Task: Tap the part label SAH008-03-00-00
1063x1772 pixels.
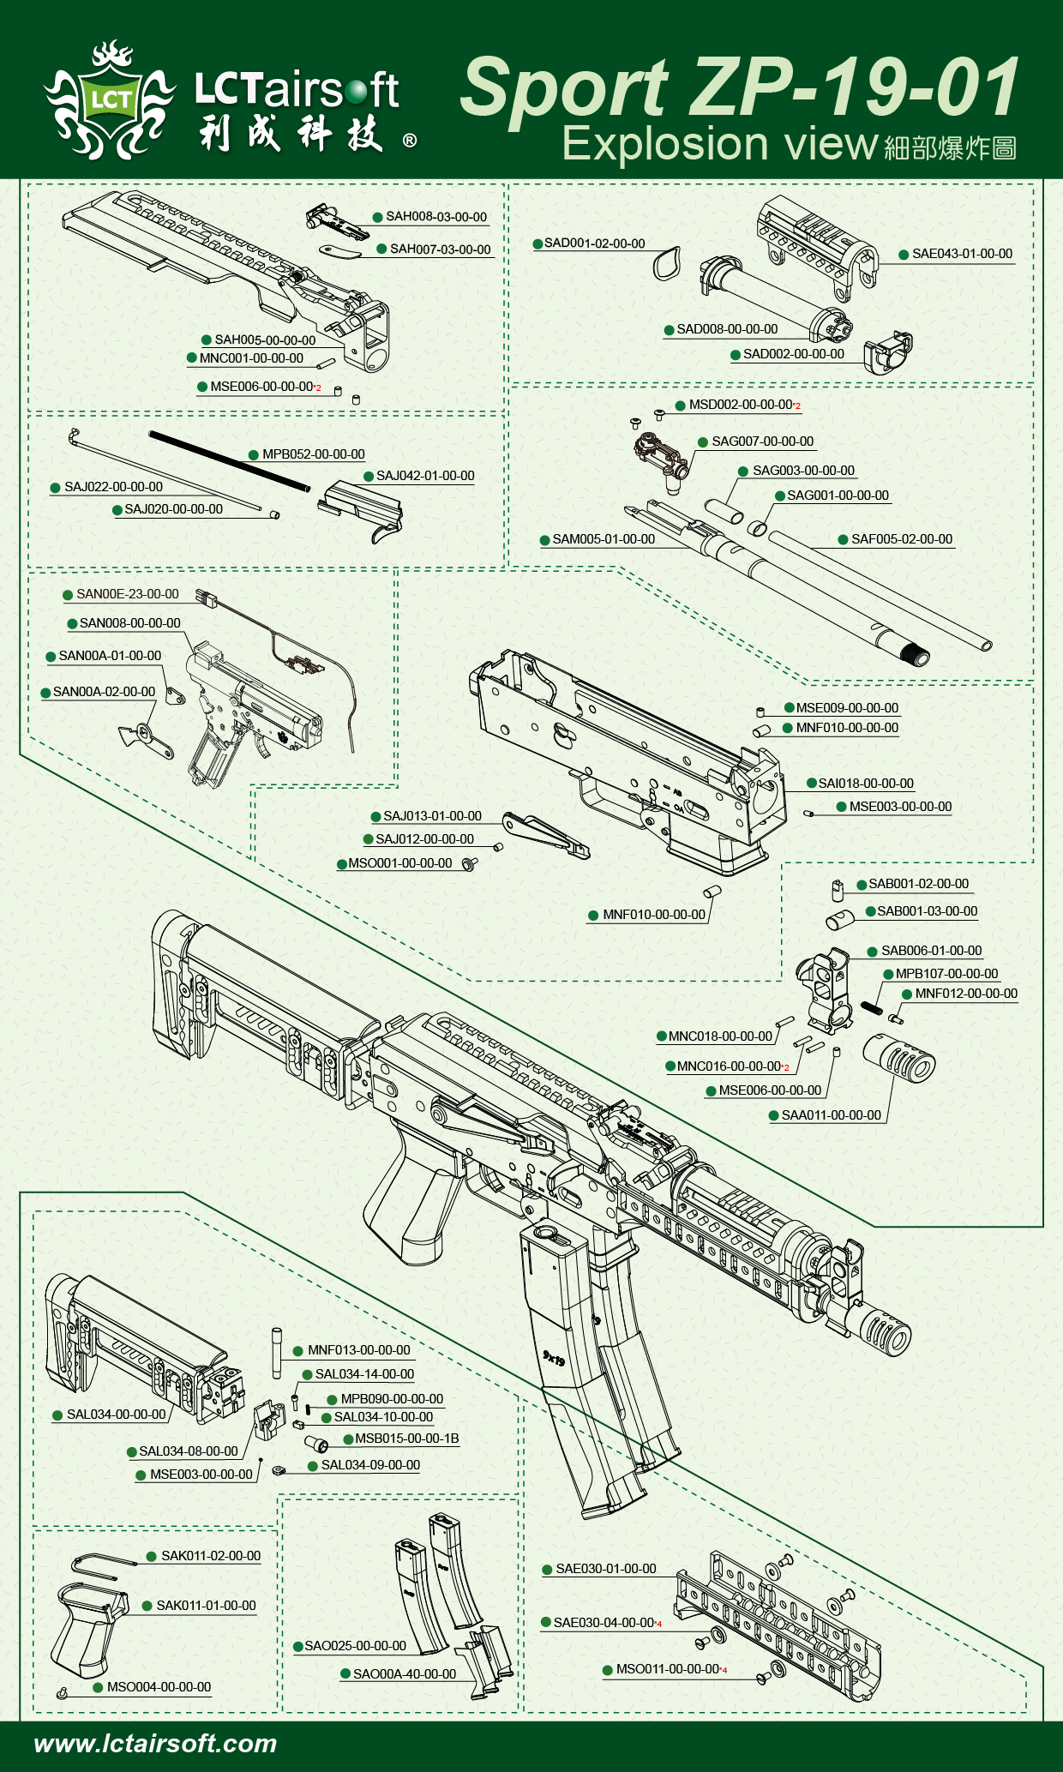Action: click(x=435, y=217)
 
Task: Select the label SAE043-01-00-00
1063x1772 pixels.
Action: click(x=962, y=254)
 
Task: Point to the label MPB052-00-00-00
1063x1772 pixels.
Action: click(x=313, y=454)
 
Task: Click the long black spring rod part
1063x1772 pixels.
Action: click(x=230, y=460)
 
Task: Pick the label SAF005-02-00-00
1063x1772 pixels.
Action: click(x=901, y=539)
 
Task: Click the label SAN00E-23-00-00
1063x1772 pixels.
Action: click(x=127, y=594)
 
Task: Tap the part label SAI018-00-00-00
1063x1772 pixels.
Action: click(x=866, y=784)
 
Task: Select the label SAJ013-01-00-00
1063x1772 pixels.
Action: click(x=432, y=816)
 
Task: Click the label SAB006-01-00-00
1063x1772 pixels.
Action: click(x=931, y=951)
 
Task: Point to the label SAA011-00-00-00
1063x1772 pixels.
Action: click(x=831, y=1115)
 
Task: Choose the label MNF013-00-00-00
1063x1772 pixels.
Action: click(x=358, y=1350)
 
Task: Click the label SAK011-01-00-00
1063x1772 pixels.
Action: click(x=206, y=1606)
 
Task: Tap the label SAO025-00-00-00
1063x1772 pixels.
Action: click(x=355, y=1646)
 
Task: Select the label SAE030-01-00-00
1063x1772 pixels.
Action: click(x=605, y=1569)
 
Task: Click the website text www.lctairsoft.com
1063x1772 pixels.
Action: click(x=155, y=1744)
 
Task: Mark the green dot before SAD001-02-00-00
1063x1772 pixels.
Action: click(x=538, y=243)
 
